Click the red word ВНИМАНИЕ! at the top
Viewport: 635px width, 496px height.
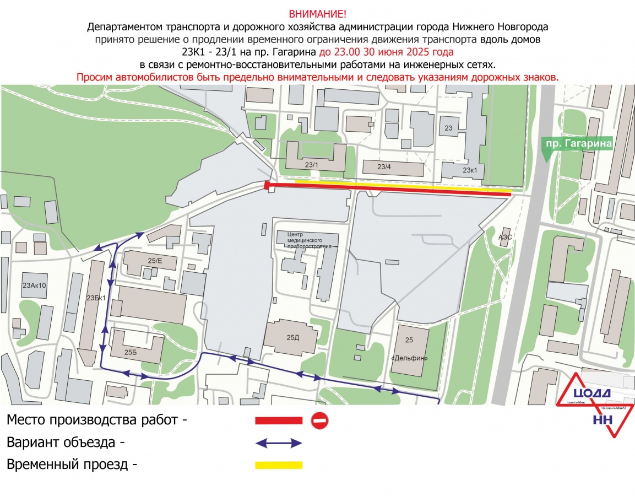[318, 14]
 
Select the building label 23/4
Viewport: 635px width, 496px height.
[384, 166]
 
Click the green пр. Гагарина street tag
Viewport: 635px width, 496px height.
[578, 144]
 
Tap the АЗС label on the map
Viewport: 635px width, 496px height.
[505, 237]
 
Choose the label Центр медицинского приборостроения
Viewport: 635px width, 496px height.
[310, 240]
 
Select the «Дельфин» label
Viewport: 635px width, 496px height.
[409, 358]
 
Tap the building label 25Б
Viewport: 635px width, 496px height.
[131, 352]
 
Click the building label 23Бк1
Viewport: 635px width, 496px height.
[96, 298]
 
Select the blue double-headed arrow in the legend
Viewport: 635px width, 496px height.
[279, 443]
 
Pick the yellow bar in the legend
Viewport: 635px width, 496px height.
[279, 465]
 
